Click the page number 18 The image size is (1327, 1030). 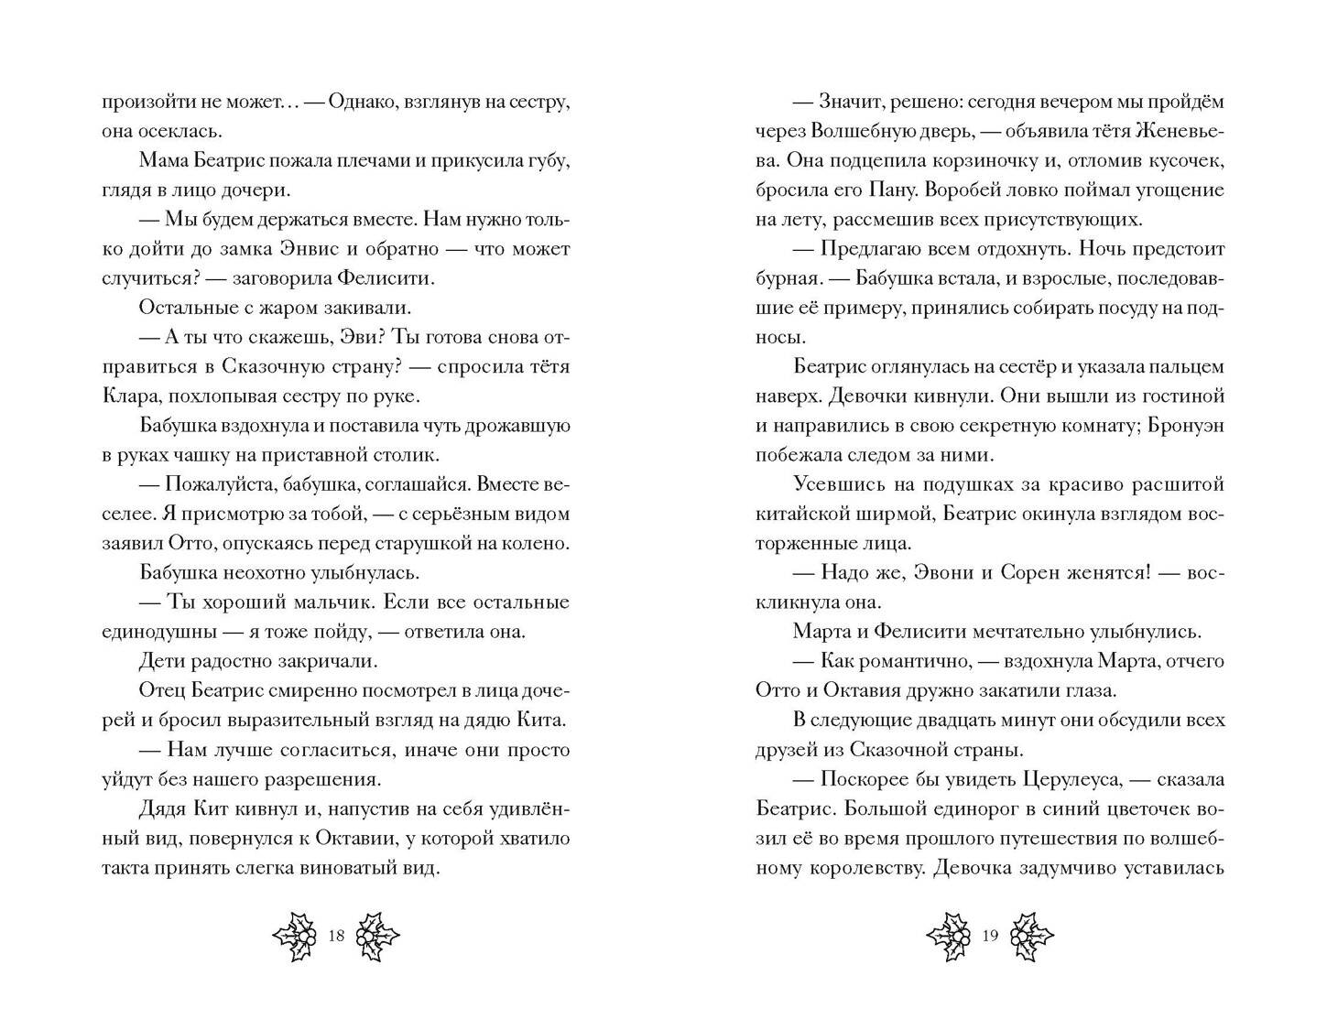(336, 936)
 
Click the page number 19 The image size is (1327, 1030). (989, 936)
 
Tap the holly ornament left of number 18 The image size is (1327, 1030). (296, 936)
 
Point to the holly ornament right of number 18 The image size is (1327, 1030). (376, 936)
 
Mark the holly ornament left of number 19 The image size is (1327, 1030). (949, 936)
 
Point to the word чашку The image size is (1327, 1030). (208, 455)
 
